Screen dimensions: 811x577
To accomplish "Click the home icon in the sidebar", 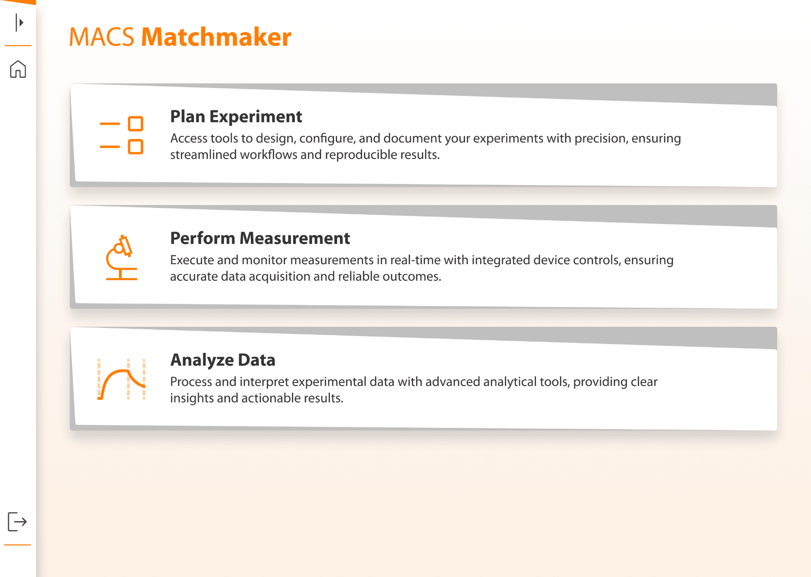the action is point(18,69).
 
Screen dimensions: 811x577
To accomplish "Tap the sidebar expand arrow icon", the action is point(19,22).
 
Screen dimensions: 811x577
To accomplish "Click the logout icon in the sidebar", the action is point(17,522).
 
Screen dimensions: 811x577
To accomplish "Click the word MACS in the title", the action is point(102,37).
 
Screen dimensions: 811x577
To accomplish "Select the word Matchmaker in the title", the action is point(216,37).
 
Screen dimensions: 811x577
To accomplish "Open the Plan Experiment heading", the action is point(236,117).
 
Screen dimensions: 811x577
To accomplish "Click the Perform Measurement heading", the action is point(260,238).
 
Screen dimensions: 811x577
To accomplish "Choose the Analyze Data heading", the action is point(223,360).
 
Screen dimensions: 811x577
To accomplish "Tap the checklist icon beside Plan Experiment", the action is point(122,135).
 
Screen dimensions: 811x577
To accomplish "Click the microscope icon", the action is point(121,257).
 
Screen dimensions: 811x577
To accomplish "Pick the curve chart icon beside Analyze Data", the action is point(122,379).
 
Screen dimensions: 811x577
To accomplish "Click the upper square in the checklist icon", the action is point(136,124).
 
